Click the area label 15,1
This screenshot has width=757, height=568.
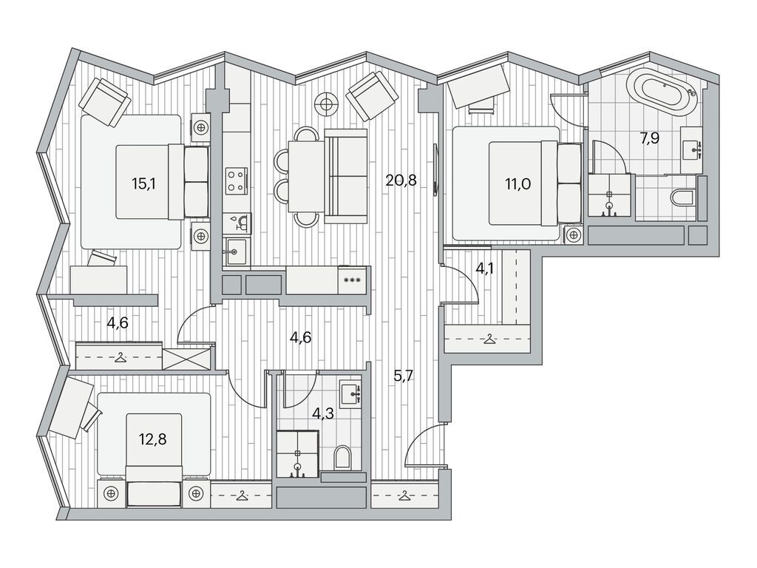click(x=144, y=183)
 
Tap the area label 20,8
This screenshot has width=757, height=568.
click(x=401, y=180)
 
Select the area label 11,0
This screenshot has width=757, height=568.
click(x=518, y=183)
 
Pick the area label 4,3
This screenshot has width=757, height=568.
click(x=323, y=413)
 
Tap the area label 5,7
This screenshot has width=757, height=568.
click(x=403, y=376)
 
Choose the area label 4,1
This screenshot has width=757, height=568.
click(x=485, y=268)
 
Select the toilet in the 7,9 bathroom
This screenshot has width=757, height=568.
click(x=682, y=197)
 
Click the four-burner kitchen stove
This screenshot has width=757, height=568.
click(x=236, y=180)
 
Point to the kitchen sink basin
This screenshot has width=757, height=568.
click(x=236, y=251)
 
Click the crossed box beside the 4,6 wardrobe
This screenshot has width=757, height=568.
click(x=186, y=359)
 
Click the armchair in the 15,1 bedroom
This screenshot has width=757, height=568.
click(x=105, y=103)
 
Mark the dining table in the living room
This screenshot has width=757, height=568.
click(x=305, y=176)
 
